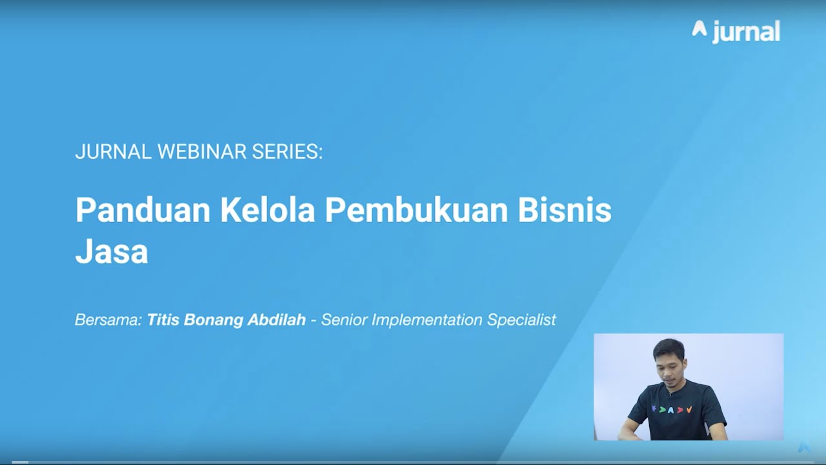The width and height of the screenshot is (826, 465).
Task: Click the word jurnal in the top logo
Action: [746, 32]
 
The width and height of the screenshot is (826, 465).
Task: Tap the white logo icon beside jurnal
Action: [700, 28]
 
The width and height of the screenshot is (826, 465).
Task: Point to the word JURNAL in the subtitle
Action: [113, 152]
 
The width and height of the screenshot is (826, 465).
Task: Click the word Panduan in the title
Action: [143, 210]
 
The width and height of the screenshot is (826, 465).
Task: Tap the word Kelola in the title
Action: [267, 210]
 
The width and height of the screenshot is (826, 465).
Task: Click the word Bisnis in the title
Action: [564, 210]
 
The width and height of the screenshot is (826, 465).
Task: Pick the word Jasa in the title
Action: [112, 252]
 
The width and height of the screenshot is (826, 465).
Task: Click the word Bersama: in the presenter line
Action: [108, 320]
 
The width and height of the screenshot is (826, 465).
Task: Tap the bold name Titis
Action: [163, 320]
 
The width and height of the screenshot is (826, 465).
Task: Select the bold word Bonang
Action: [213, 320]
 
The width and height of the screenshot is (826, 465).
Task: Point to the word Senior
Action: [345, 320]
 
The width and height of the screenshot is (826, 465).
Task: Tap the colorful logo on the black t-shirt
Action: [672, 409]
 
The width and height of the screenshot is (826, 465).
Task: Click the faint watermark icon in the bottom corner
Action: [804, 447]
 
